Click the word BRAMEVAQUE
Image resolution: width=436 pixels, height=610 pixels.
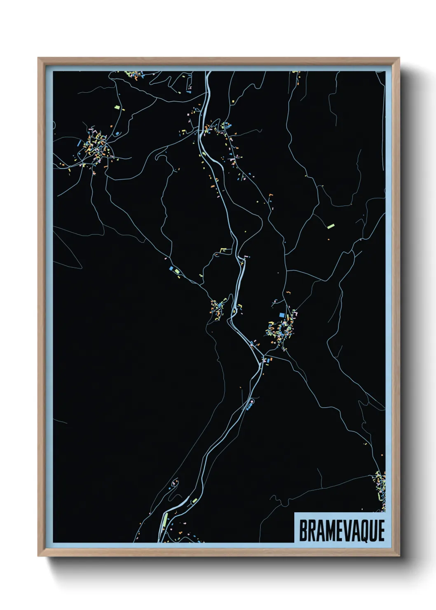point(342,530)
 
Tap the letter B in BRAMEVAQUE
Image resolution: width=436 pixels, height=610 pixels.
point(303,530)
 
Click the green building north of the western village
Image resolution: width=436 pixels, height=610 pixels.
point(117,107)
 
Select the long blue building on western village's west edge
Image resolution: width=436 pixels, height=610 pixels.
point(79,143)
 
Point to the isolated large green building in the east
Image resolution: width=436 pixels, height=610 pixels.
point(331,226)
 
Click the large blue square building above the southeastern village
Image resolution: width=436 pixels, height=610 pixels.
point(282,315)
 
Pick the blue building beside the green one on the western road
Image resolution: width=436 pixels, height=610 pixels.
point(171,268)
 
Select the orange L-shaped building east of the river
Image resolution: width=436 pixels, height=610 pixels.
point(270,194)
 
